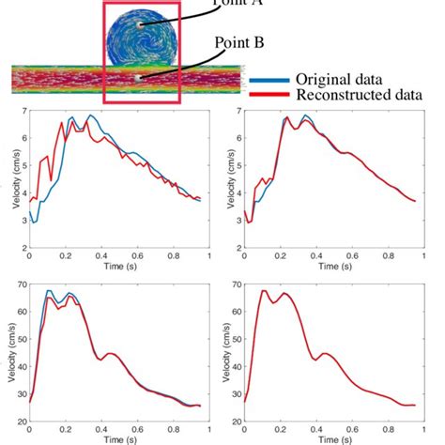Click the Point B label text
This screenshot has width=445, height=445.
click(x=240, y=43)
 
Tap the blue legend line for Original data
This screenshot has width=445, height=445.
click(x=269, y=80)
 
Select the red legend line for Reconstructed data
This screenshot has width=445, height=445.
click(x=269, y=94)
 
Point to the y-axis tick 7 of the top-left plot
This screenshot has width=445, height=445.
click(x=23, y=112)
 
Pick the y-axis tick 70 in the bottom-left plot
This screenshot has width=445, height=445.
click(x=20, y=284)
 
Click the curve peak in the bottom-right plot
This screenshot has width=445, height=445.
click(x=264, y=291)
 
